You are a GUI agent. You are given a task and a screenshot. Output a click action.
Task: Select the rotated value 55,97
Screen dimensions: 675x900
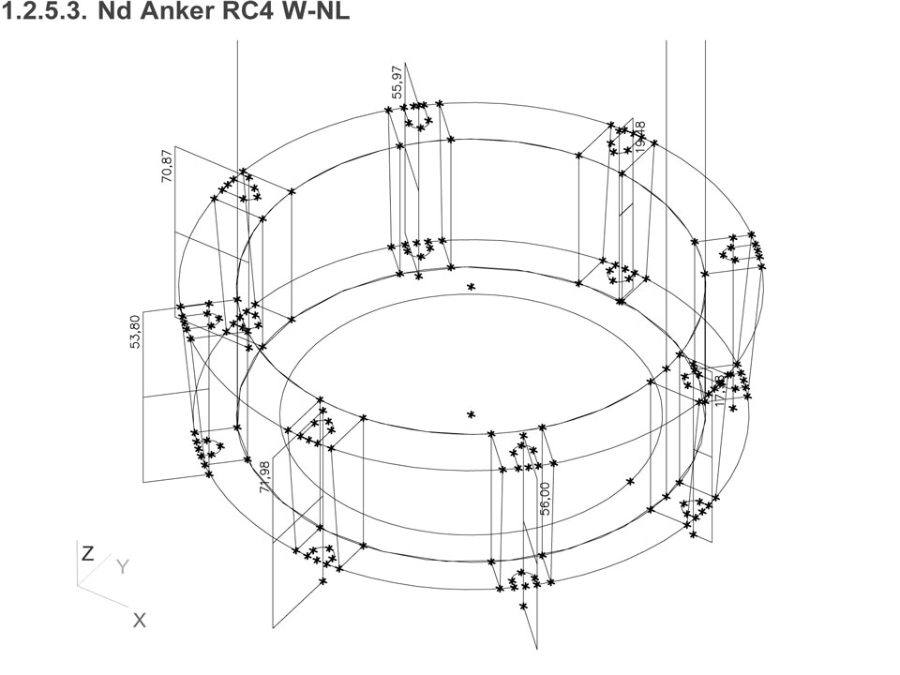pyautogui.click(x=397, y=82)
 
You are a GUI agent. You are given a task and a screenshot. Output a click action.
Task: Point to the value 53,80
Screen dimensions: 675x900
pyautogui.click(x=136, y=332)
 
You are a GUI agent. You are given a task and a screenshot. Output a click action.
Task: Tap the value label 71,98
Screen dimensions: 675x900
pyautogui.click(x=265, y=476)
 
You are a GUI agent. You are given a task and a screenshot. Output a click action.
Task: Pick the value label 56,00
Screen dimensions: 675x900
pyautogui.click(x=546, y=499)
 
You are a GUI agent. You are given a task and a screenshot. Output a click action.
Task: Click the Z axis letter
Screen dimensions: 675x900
pyautogui.click(x=87, y=554)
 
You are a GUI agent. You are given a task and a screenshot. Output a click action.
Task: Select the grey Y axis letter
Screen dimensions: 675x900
pyautogui.click(x=122, y=567)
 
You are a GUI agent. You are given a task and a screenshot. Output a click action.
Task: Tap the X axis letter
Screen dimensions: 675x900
pyautogui.click(x=139, y=620)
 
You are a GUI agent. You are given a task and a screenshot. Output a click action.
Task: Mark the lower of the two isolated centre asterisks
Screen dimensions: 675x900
pyautogui.click(x=471, y=414)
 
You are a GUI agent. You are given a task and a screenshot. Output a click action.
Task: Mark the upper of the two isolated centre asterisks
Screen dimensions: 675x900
pyautogui.click(x=471, y=287)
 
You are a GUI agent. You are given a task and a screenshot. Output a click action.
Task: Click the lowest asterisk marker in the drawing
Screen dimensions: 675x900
pyautogui.click(x=523, y=607)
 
